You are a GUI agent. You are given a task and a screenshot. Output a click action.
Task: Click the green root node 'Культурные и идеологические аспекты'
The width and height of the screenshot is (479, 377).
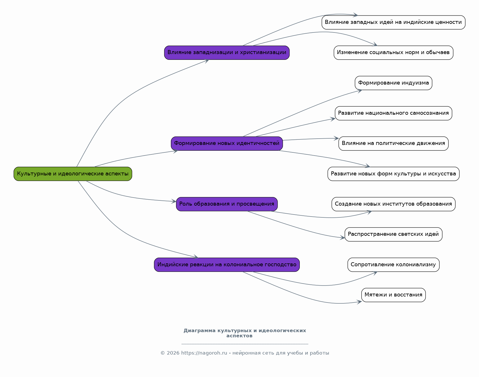point(73,174)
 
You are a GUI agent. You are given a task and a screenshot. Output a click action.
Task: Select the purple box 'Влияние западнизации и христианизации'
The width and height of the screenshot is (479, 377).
point(227,53)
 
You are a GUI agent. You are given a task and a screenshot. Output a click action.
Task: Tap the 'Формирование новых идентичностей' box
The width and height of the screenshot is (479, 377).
point(227,143)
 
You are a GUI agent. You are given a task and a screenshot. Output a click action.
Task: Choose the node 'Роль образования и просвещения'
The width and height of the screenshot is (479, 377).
point(227,204)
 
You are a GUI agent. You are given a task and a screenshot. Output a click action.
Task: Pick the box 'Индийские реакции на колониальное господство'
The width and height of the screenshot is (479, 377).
point(227,265)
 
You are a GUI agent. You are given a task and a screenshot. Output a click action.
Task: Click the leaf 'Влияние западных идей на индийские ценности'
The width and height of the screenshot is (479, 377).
point(393,22)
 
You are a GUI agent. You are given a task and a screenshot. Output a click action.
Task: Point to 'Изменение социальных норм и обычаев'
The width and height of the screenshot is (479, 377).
point(393,53)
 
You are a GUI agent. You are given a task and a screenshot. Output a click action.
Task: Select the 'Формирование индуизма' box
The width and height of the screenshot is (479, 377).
point(393,83)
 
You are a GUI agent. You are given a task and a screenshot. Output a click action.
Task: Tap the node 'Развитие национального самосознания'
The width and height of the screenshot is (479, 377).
point(393,113)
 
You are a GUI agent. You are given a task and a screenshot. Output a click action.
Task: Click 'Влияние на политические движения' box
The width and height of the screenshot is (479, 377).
point(393,143)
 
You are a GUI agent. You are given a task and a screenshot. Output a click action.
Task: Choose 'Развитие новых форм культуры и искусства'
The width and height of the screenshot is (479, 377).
point(393,174)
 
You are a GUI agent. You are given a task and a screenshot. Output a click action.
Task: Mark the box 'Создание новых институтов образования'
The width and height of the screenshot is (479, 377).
point(393,204)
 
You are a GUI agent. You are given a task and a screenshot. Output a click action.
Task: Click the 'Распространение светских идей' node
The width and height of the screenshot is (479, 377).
point(393,234)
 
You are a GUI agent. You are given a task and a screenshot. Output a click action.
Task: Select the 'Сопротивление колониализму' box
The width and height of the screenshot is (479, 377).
point(393,265)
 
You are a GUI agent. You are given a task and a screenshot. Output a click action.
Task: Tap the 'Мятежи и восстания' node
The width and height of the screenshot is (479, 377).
point(393,295)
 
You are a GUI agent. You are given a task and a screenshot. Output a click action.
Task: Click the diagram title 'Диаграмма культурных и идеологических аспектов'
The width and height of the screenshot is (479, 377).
point(245,333)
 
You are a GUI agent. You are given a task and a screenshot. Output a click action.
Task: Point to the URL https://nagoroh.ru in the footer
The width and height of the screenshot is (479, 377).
point(204,353)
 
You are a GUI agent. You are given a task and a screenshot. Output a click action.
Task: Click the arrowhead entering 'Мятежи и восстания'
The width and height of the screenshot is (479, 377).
point(359,302)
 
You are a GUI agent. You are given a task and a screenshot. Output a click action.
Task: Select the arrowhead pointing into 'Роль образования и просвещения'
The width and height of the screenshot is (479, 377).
point(174,201)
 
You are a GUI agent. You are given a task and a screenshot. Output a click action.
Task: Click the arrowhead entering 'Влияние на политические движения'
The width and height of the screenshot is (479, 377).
point(336,138)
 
